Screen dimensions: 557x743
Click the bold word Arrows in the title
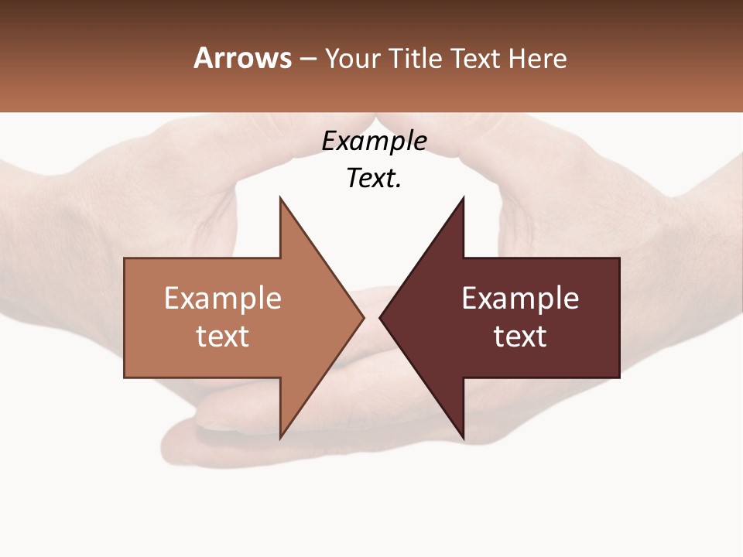[x=242, y=58]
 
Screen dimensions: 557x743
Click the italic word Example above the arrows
[x=374, y=142]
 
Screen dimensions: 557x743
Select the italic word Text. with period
[x=374, y=179]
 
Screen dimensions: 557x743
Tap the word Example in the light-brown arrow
[x=223, y=299]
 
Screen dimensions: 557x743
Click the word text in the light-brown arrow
[x=223, y=337]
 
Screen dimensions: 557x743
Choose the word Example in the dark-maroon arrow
[x=520, y=299]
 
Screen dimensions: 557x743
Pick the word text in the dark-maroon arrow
[x=520, y=337]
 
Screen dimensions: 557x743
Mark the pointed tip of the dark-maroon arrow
[x=381, y=317]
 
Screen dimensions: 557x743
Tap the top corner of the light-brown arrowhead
[x=281, y=199]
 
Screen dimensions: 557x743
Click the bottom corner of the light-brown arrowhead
[x=281, y=437]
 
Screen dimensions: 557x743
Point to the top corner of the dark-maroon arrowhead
[x=463, y=199]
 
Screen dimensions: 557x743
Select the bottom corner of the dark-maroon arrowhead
[x=463, y=437]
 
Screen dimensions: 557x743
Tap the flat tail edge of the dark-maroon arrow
[x=619, y=317]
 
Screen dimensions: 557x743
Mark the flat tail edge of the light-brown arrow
[x=125, y=317]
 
